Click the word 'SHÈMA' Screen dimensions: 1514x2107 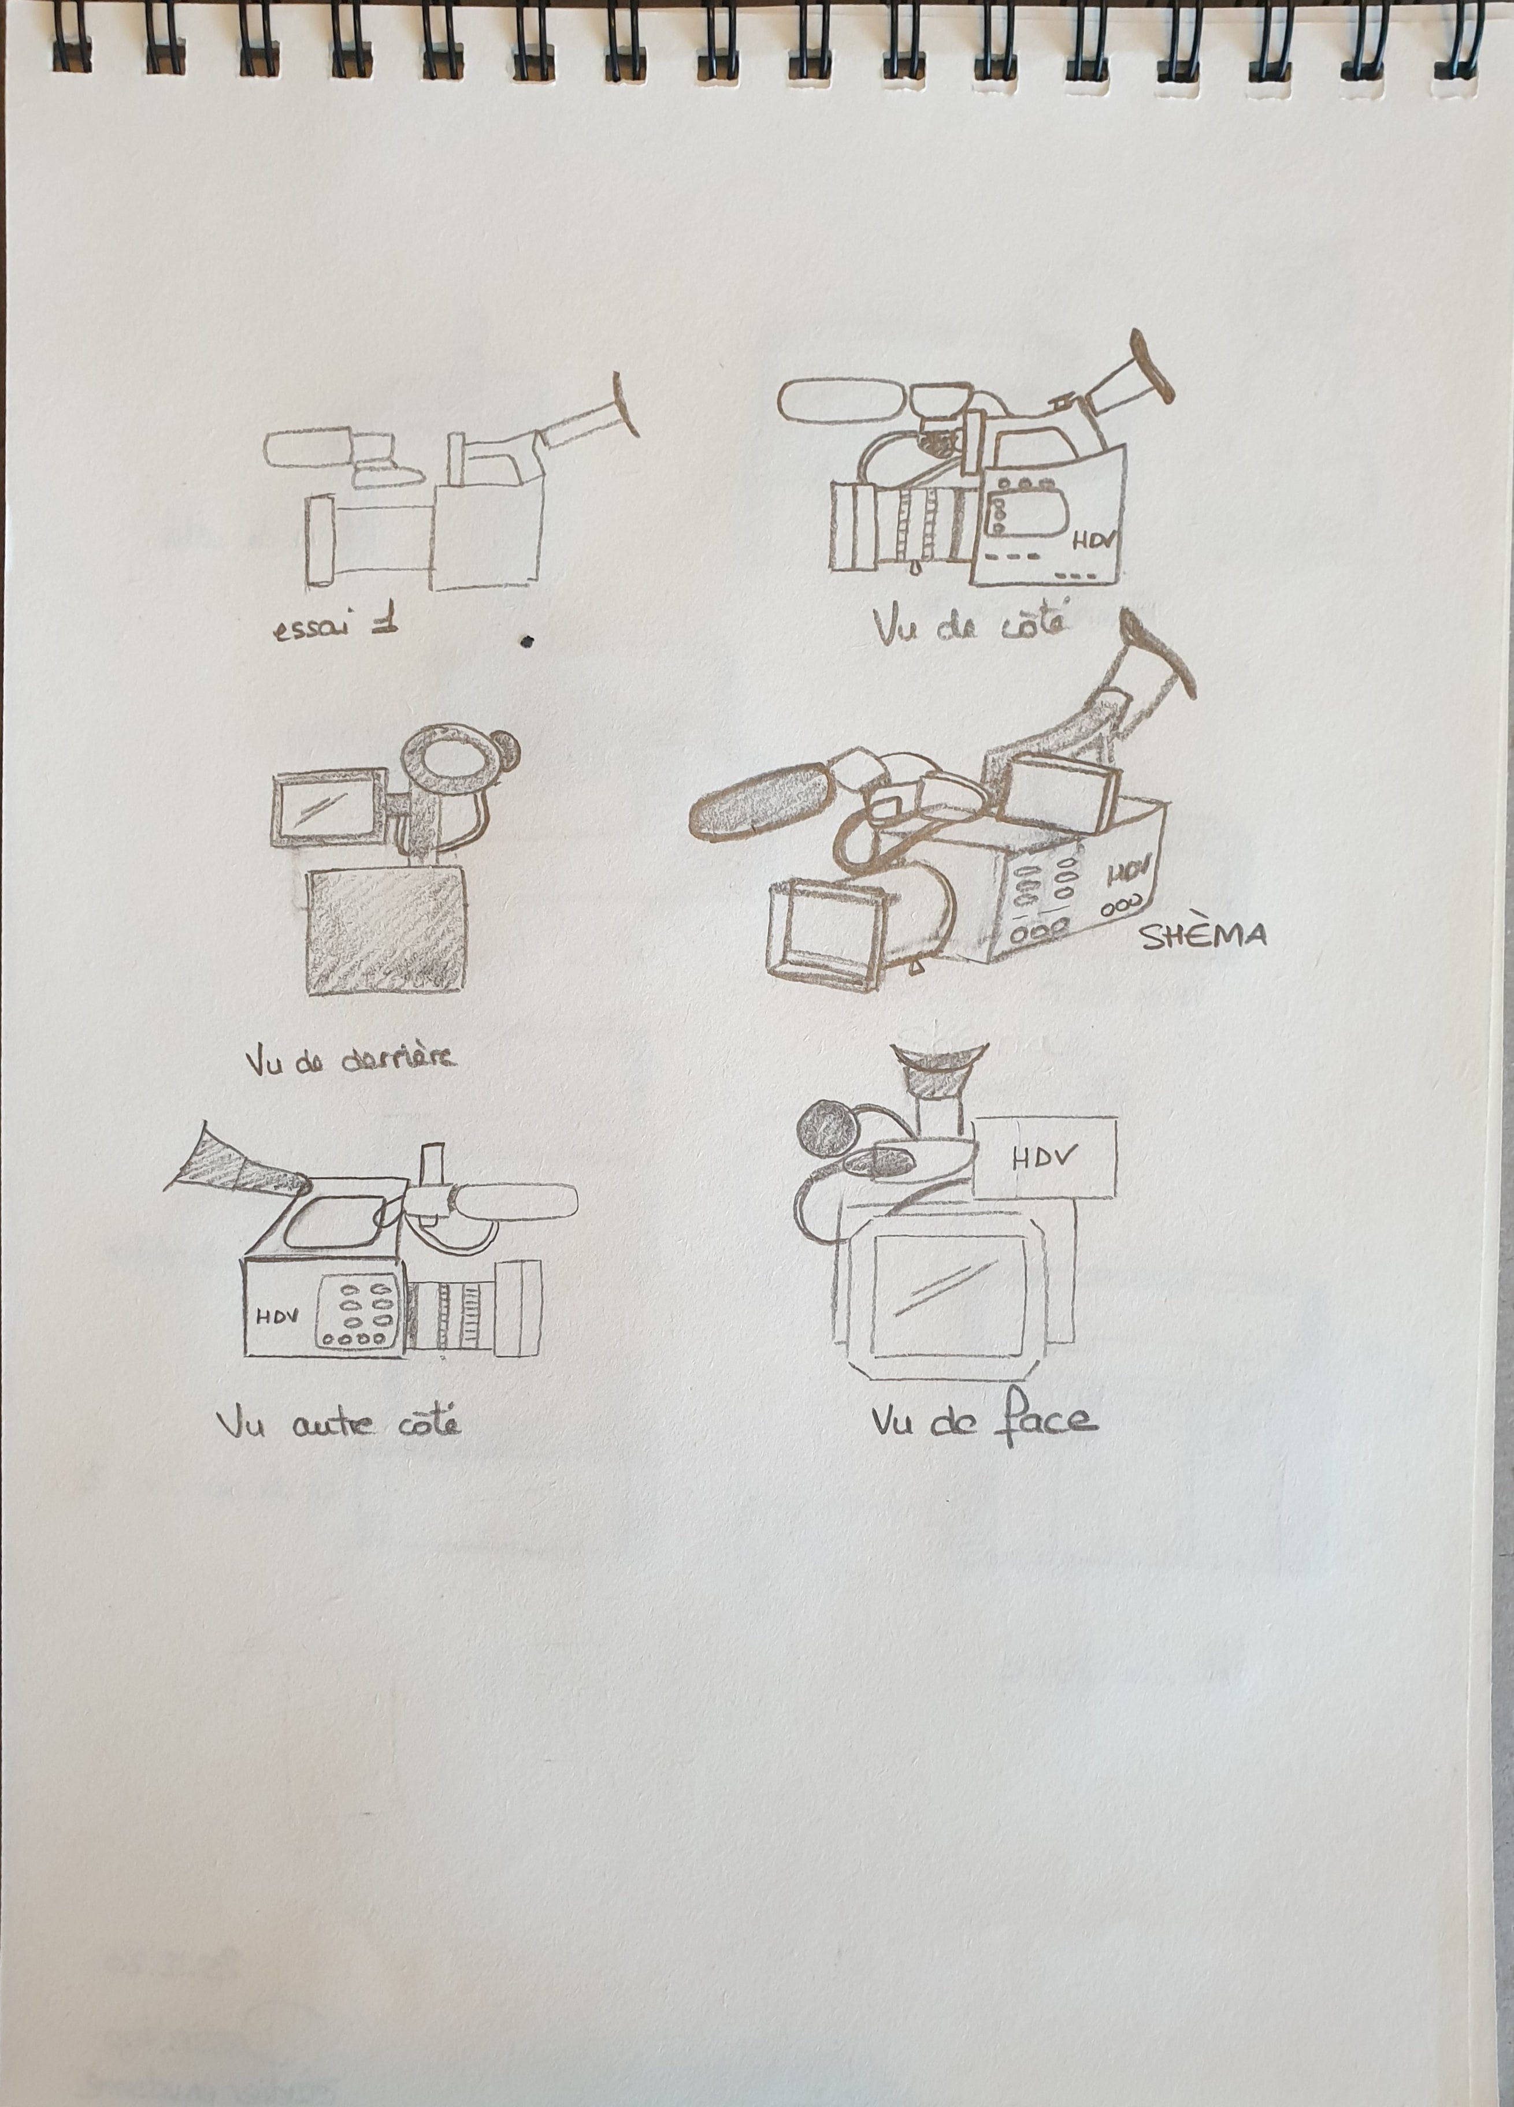1202,935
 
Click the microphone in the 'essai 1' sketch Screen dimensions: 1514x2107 307,448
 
